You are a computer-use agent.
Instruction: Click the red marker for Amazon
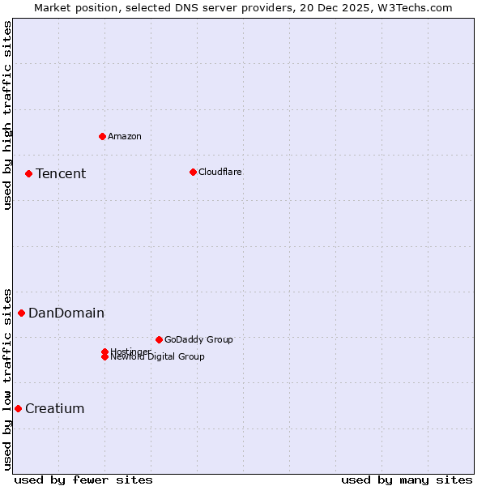(102, 136)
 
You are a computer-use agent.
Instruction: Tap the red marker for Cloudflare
(193, 172)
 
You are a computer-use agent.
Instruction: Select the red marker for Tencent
(28, 173)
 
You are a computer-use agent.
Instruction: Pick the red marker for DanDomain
(21, 313)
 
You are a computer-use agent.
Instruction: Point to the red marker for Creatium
(18, 408)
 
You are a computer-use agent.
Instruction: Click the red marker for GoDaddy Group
(159, 339)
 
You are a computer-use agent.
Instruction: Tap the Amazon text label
(124, 136)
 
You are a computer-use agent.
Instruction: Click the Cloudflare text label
(220, 172)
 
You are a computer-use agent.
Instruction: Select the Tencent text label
(61, 173)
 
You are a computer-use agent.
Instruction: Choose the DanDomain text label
(66, 313)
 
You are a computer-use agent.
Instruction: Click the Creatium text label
(54, 408)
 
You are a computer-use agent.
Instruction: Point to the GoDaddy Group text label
(198, 339)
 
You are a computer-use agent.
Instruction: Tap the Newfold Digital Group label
(157, 357)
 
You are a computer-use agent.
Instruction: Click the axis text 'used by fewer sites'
(83, 480)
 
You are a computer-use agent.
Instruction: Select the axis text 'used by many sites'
(407, 480)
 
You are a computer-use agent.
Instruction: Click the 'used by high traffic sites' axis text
(7, 115)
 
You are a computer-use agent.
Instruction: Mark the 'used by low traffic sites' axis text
(7, 378)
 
